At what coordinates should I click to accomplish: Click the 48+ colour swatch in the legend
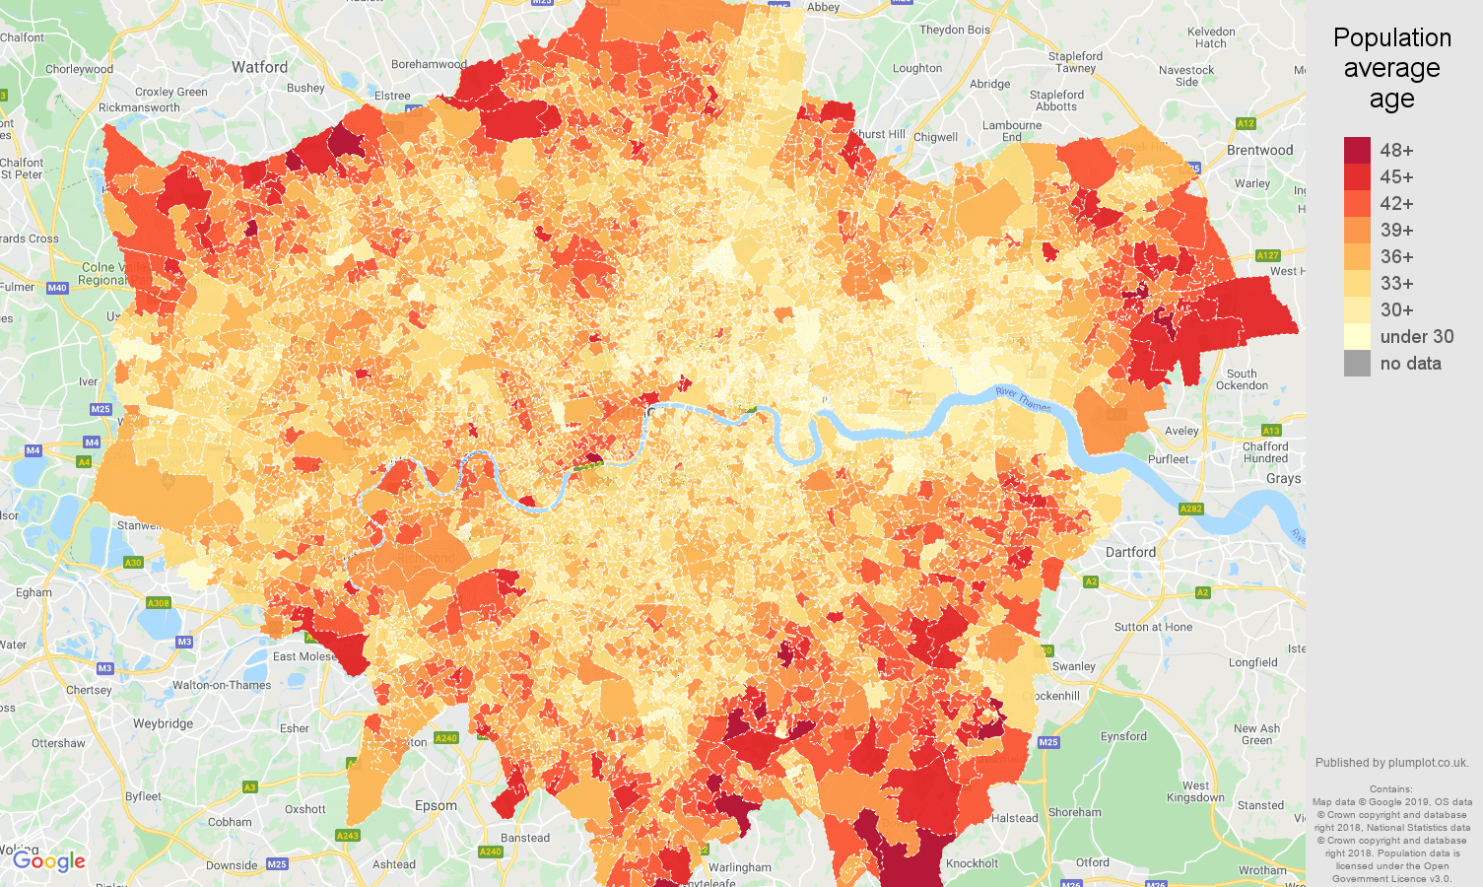pyautogui.click(x=1357, y=151)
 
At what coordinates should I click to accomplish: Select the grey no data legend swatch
pyautogui.click(x=1357, y=364)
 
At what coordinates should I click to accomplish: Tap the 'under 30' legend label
pyautogui.click(x=1416, y=337)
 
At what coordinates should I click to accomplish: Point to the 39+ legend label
pyautogui.click(x=1396, y=231)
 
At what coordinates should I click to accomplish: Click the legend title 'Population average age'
pyautogui.click(x=1391, y=68)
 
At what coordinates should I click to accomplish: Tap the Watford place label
pyautogui.click(x=260, y=68)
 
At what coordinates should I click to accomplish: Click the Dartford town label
pyautogui.click(x=1130, y=552)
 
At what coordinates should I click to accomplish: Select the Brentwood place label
pyautogui.click(x=1259, y=151)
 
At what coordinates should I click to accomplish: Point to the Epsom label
pyautogui.click(x=436, y=805)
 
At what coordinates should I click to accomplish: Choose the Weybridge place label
pyautogui.click(x=163, y=723)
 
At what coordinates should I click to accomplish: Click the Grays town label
pyautogui.click(x=1283, y=478)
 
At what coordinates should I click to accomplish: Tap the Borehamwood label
pyautogui.click(x=429, y=64)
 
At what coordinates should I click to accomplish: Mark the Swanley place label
pyautogui.click(x=1073, y=666)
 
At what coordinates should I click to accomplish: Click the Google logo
pyautogui.click(x=49, y=861)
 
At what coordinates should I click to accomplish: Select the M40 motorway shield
pyautogui.click(x=56, y=288)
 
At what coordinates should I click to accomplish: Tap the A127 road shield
pyautogui.click(x=1267, y=255)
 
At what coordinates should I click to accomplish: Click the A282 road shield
pyautogui.click(x=1190, y=509)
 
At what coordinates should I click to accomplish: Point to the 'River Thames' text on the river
pyautogui.click(x=1023, y=399)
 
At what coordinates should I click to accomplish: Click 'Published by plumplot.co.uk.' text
pyautogui.click(x=1391, y=763)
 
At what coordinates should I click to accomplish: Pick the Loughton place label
pyautogui.click(x=916, y=68)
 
